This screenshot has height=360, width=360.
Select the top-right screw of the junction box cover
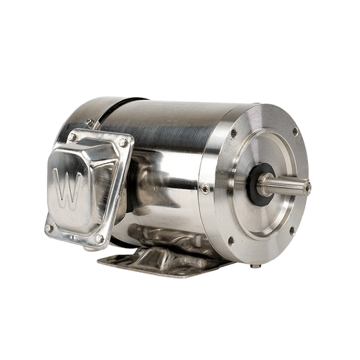pyautogui.click(x=124, y=143)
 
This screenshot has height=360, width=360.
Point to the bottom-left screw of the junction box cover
pyautogui.click(x=49, y=228)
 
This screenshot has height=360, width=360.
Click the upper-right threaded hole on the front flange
pyautogui.click(x=295, y=131)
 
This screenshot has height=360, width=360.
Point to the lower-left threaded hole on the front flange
pyautogui.click(x=231, y=240)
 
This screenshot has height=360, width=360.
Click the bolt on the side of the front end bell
pyautogui.click(x=205, y=189)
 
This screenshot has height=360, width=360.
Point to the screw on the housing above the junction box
pyautogui.click(x=90, y=123)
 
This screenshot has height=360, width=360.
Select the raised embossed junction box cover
pyautogui.click(x=84, y=186)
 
